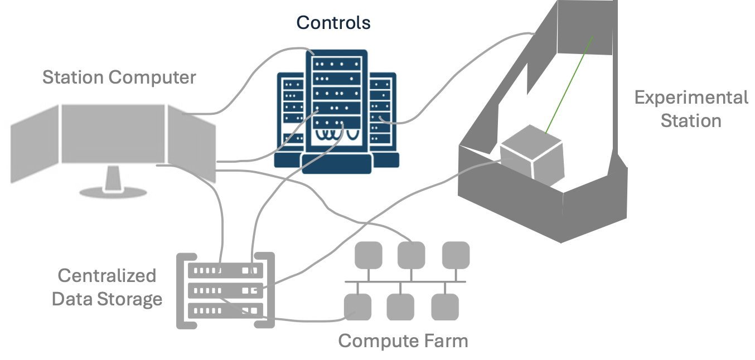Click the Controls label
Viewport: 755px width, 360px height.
(333, 22)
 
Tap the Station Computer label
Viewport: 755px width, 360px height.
(119, 77)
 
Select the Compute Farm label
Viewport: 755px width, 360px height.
(403, 340)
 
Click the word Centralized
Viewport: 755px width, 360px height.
(107, 275)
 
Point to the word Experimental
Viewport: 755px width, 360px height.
(691, 98)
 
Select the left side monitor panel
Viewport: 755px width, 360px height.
(35, 144)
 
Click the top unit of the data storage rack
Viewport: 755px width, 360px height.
(225, 271)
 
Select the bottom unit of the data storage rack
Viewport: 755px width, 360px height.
(225, 310)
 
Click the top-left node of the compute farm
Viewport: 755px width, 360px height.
(368, 255)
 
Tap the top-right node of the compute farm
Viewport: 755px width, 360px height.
(456, 255)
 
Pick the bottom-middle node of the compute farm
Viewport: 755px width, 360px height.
(400, 307)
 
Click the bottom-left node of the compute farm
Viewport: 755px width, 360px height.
(357, 307)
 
